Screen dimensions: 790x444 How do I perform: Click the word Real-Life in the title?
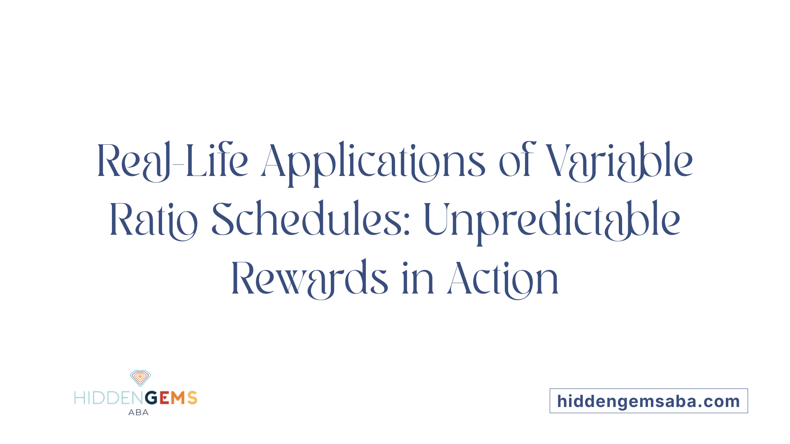172,161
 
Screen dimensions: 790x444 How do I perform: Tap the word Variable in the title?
619,161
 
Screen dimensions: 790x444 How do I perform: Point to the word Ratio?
153,220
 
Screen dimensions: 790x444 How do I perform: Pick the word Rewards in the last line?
310,279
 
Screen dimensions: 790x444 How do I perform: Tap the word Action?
503,279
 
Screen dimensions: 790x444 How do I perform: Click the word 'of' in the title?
517,160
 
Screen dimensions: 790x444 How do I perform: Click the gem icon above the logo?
140,378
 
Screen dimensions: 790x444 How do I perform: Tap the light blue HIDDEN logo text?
110,398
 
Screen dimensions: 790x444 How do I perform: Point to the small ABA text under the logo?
138,412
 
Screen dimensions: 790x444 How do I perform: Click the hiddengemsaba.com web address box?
649,401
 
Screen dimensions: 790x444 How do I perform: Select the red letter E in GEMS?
164,398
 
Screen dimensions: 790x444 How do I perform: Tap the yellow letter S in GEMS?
192,398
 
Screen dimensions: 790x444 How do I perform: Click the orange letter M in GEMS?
178,398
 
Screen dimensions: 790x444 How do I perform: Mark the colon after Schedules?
407,227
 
